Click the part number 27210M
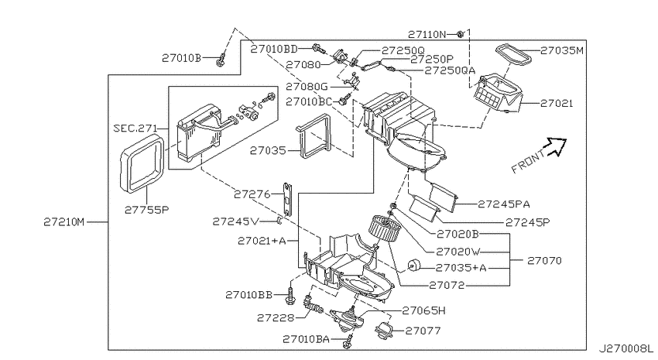pos(64,221)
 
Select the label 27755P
pos(146,209)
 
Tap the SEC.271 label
pos(135,128)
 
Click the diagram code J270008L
pos(625,349)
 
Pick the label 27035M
pos(562,51)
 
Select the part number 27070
pos(544,261)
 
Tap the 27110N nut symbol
pos(461,34)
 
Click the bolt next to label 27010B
pos(221,60)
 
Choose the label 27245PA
pos(504,204)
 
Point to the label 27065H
pos(424,310)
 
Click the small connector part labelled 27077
pos(382,329)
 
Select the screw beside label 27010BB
pos(290,295)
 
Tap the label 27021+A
pos(262,241)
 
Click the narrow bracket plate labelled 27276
pos(287,199)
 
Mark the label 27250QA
pos(450,70)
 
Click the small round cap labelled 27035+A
pos(415,266)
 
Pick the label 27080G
pos(307,87)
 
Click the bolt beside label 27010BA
pos(348,342)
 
